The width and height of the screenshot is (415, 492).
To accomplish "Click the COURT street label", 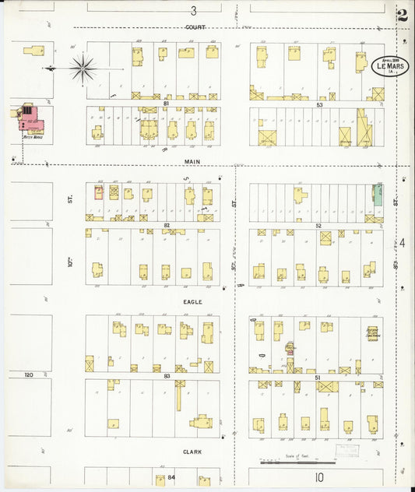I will [194, 27].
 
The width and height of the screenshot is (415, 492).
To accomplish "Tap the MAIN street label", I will [193, 162].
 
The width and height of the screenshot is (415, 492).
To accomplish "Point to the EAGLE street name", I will [193, 301].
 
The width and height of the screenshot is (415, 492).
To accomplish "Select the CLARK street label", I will [193, 451].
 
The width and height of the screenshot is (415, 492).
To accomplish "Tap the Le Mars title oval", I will [390, 65].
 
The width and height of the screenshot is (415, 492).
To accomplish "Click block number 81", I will [166, 103].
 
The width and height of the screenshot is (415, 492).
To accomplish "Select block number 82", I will [166, 224].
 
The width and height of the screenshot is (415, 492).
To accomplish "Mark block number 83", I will [166, 375].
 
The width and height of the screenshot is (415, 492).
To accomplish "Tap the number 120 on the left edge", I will [30, 374].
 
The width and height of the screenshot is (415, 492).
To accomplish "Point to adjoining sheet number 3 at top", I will [193, 10].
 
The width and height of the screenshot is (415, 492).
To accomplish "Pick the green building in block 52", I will [378, 194].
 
